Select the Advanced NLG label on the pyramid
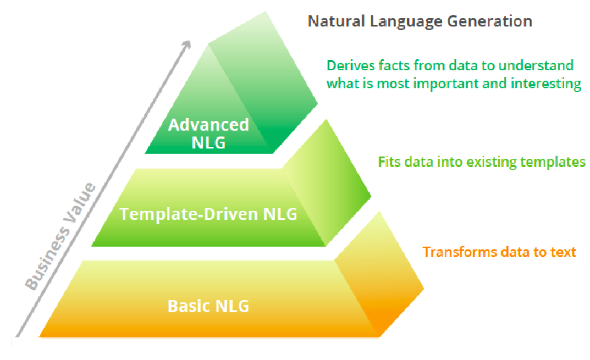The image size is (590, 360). point(209,133)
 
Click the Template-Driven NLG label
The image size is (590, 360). point(208,213)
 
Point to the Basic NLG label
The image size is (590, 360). point(208,305)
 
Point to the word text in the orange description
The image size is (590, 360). point(563,252)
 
